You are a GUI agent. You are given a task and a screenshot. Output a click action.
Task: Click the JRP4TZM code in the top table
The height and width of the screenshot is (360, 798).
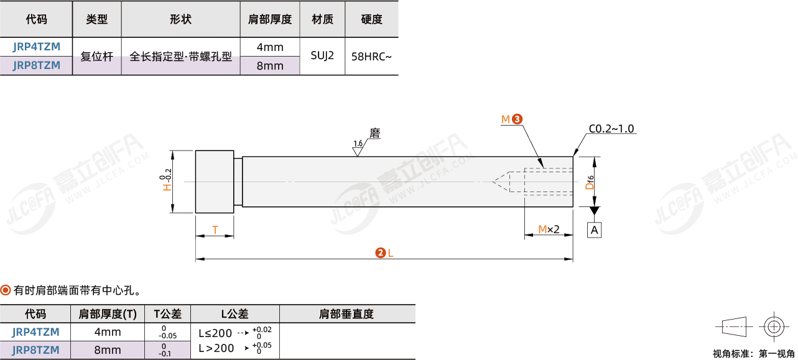[x=36, y=47]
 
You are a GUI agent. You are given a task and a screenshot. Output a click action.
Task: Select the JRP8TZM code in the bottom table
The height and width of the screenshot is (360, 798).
[x=35, y=350]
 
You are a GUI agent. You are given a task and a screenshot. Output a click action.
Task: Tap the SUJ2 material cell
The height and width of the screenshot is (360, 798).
[x=322, y=55]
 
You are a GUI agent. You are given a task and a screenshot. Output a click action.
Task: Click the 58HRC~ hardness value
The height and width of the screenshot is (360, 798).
[x=371, y=56]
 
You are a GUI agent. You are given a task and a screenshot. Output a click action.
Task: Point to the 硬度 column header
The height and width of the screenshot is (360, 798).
[x=371, y=19]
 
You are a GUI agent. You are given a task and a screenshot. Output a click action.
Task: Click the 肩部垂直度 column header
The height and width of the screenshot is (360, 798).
[x=346, y=314]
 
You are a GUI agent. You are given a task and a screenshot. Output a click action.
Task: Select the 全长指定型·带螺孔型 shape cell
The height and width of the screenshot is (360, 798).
[x=180, y=56]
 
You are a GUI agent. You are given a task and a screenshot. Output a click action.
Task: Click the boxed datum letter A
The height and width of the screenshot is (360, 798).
[x=594, y=230]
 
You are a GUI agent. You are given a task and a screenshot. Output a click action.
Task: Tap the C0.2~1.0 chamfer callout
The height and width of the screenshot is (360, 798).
[x=611, y=129]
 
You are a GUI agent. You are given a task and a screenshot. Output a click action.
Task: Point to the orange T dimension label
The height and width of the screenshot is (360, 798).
[x=215, y=229]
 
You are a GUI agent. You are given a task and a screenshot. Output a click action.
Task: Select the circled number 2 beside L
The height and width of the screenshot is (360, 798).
[x=381, y=253]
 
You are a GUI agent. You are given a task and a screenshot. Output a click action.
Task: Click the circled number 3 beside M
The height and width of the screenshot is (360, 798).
[x=517, y=119]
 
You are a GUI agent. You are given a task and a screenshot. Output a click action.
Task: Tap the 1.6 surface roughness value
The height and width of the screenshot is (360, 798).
[x=358, y=144]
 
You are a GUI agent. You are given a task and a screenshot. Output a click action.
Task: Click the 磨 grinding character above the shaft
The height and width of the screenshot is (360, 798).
[x=375, y=133]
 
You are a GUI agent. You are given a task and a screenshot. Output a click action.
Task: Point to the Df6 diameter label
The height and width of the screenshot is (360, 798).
[x=590, y=182]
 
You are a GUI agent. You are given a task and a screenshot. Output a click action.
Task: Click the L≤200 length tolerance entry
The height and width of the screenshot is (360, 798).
[x=215, y=333]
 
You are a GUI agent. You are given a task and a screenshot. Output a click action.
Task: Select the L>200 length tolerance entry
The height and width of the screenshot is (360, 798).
[x=216, y=348]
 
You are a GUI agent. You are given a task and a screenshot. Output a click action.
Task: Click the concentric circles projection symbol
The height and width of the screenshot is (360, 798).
[x=774, y=327]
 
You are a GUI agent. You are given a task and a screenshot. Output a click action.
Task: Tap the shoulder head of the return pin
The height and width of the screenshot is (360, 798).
[x=215, y=182]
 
